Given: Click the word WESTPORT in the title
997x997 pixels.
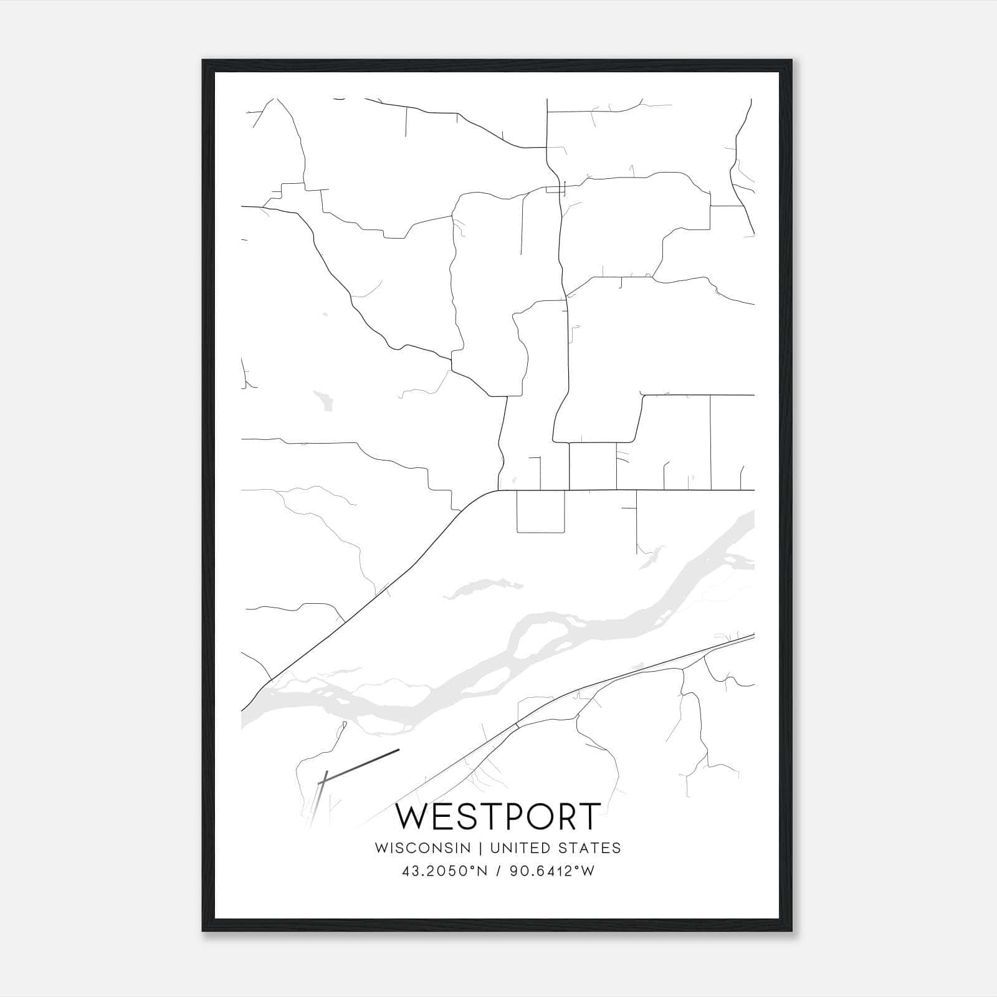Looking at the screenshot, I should tap(499, 816).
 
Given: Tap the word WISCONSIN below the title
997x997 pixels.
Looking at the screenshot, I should tap(422, 847).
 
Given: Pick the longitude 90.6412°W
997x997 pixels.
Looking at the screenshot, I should tap(552, 871).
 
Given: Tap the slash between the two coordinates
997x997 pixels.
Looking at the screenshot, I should tap(500, 871).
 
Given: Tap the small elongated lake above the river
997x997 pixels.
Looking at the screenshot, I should tap(483, 588).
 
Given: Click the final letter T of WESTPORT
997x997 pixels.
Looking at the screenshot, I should tap(590, 816).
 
